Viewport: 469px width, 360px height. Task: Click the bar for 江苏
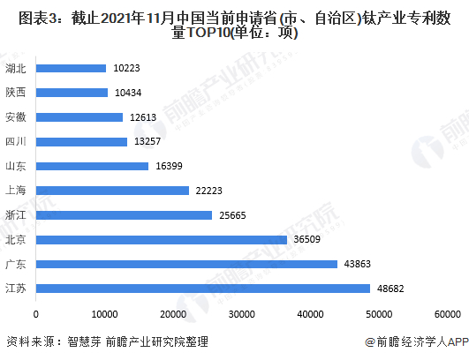tap(202, 288)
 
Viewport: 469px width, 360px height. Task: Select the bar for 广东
tap(186, 264)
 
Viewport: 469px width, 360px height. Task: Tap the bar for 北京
tap(161, 239)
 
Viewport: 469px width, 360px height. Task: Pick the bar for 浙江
tap(124, 214)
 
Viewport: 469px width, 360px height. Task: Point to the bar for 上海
tap(112, 190)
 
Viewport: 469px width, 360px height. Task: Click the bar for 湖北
tap(71, 68)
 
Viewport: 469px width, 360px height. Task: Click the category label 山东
tap(16, 166)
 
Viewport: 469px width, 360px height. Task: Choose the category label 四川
tap(16, 141)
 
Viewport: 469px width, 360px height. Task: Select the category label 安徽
tap(16, 117)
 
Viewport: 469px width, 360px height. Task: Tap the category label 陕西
tap(16, 93)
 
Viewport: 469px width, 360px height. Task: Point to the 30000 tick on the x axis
tap(243, 313)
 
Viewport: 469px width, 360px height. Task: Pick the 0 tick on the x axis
tap(35, 313)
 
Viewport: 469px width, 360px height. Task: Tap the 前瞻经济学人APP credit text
tap(412, 341)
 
